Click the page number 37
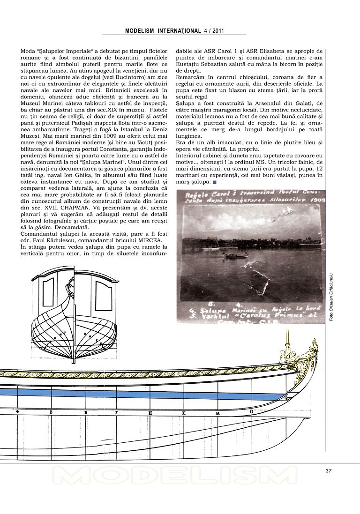(x=329, y=471)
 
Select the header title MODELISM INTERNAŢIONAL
(x=163, y=31)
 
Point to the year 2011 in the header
(x=218, y=31)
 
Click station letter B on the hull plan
(x=51, y=413)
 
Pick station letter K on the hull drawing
(x=183, y=413)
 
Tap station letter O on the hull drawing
(x=251, y=412)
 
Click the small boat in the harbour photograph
(x=236, y=255)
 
